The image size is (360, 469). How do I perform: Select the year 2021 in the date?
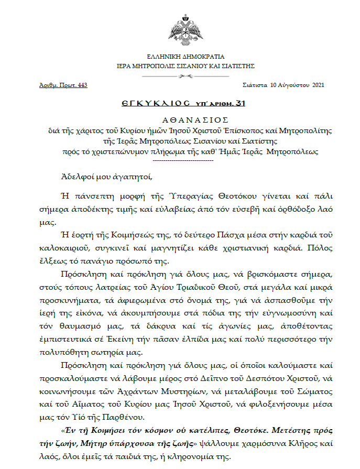click(318, 84)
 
